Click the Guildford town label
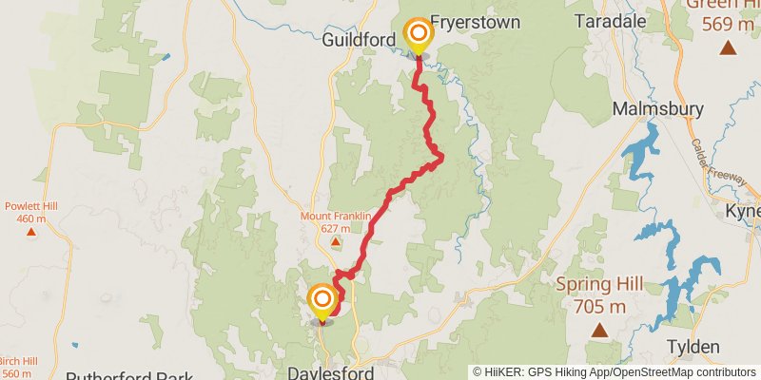pyautogui.click(x=357, y=41)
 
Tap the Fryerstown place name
pyautogui.click(x=475, y=21)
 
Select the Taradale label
pyautogui.click(x=611, y=21)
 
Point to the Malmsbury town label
pyautogui.click(x=657, y=108)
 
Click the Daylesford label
pyautogui.click(x=330, y=373)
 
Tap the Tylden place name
pyautogui.click(x=692, y=347)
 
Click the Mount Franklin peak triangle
pyautogui.click(x=335, y=241)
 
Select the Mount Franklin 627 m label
pyautogui.click(x=335, y=221)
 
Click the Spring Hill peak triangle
pyautogui.click(x=599, y=331)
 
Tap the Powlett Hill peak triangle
pyautogui.click(x=31, y=231)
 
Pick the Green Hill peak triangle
pyautogui.click(x=728, y=47)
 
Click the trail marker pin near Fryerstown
pyautogui.click(x=417, y=34)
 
